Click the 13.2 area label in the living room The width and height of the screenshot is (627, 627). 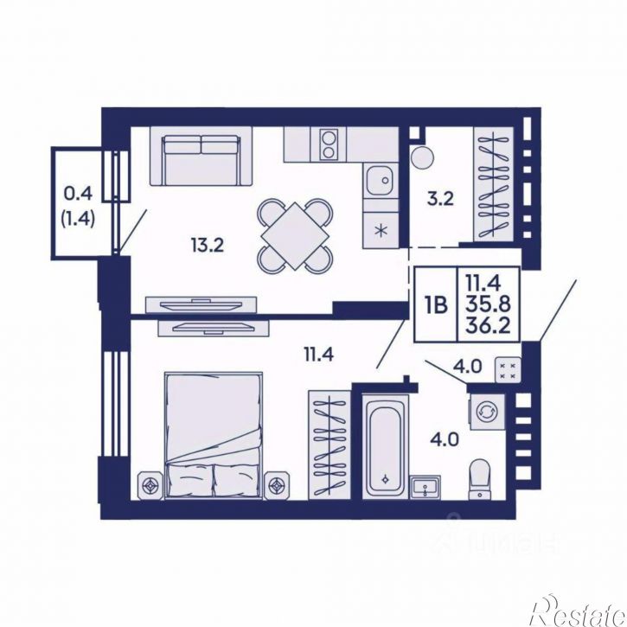pyautogui.click(x=208, y=245)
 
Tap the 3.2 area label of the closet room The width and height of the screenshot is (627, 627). pyautogui.click(x=440, y=199)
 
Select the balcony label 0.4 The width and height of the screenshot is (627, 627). pyautogui.click(x=78, y=194)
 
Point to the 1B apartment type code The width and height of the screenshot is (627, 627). pyautogui.click(x=436, y=305)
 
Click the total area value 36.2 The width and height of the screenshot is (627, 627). pyautogui.click(x=489, y=326)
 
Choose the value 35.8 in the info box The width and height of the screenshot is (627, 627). pyautogui.click(x=489, y=304)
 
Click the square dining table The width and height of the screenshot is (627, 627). pyautogui.click(x=295, y=236)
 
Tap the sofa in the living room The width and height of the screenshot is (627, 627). pyautogui.click(x=202, y=157)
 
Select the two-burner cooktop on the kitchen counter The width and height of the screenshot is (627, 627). pyautogui.click(x=329, y=144)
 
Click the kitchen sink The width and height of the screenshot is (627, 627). pyautogui.click(x=381, y=181)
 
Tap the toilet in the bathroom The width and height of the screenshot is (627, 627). pyautogui.click(x=479, y=479)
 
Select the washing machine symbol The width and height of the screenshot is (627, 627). pyautogui.click(x=487, y=412)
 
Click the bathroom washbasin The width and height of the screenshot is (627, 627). pyautogui.click(x=425, y=487)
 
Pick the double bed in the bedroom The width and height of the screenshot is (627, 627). pyautogui.click(x=214, y=436)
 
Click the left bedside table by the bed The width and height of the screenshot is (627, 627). pyautogui.click(x=150, y=486)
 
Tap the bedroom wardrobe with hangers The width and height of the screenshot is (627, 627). pyautogui.click(x=329, y=445)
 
